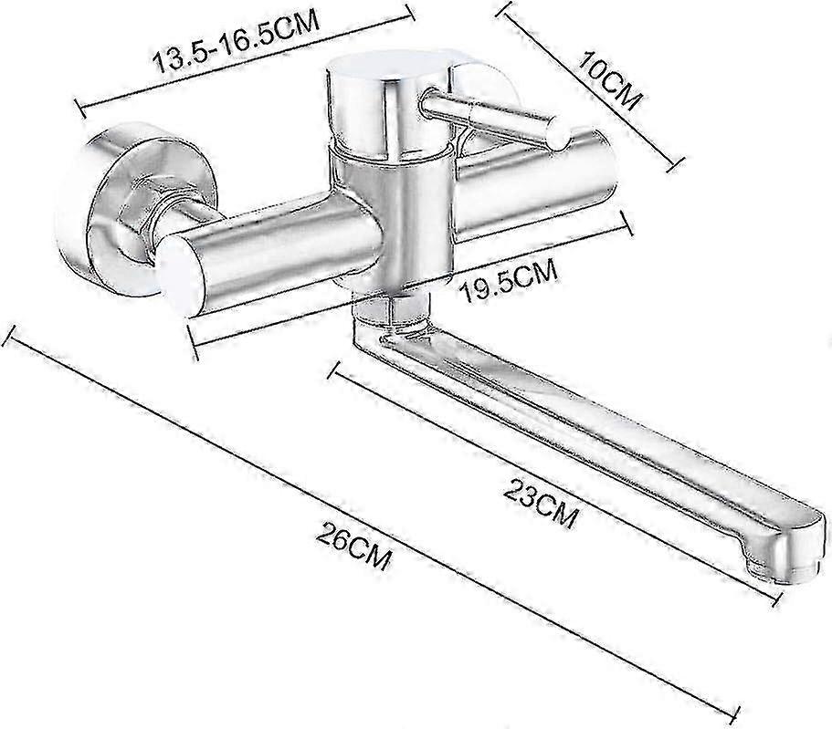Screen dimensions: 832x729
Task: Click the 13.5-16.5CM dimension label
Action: tap(237, 41)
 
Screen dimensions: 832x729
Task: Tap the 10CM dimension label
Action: tap(610, 80)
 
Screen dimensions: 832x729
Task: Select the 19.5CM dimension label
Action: tap(511, 280)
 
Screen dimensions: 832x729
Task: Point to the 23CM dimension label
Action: tap(540, 502)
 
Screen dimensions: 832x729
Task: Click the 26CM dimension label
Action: tap(354, 545)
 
